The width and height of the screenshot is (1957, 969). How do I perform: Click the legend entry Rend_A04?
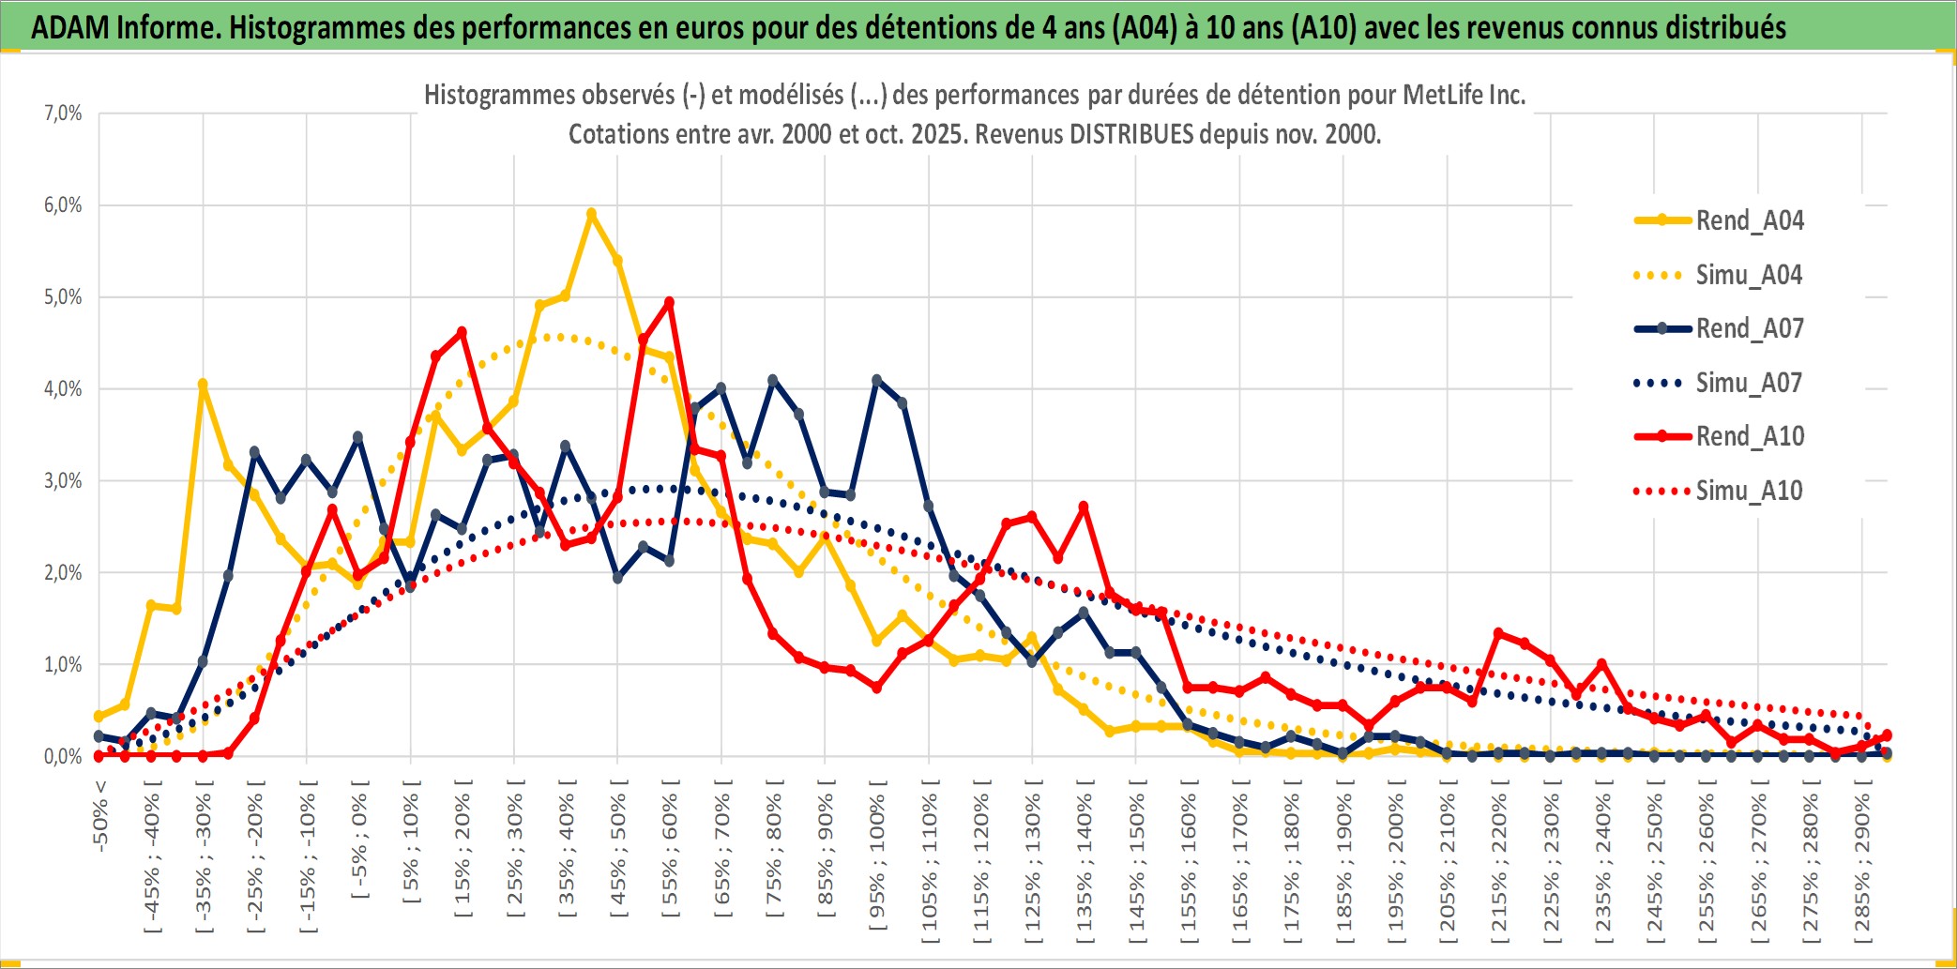point(1749,220)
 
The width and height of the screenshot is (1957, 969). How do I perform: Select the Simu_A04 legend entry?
point(1749,275)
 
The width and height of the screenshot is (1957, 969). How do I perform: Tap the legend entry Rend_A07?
point(1749,328)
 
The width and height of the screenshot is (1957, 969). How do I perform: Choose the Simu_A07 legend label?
point(1749,383)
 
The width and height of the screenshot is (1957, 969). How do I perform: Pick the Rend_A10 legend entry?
point(1749,436)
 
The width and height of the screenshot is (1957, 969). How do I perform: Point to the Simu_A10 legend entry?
point(1749,491)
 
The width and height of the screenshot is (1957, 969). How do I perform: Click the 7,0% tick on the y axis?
point(63,114)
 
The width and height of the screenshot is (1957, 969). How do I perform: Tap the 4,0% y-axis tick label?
point(63,389)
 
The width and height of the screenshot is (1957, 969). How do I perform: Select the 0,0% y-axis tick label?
point(63,757)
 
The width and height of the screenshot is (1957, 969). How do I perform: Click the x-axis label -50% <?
point(100,815)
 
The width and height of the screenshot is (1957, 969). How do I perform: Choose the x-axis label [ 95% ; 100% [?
point(877,861)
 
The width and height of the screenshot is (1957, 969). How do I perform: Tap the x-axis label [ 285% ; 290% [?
point(1862,867)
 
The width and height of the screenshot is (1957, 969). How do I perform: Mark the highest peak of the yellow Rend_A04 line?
point(591,214)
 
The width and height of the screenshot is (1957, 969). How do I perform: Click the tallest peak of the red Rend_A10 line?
point(669,302)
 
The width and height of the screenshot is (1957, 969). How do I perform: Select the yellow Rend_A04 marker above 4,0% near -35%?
point(203,384)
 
